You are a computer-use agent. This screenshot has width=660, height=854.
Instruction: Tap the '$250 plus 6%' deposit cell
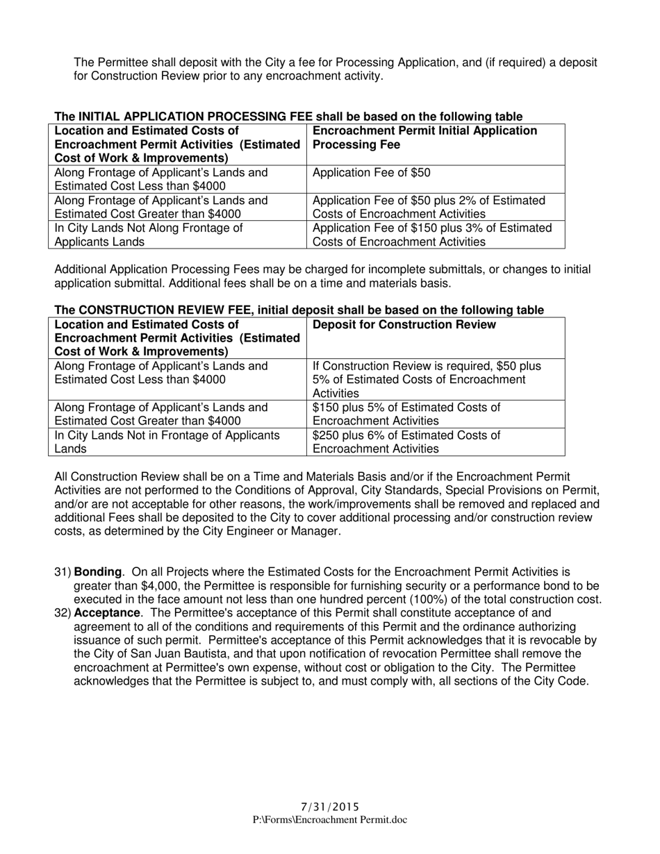tap(406, 442)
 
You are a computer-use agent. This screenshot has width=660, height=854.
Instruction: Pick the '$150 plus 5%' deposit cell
tap(406, 414)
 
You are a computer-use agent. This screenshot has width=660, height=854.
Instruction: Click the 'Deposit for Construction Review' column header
tap(404, 325)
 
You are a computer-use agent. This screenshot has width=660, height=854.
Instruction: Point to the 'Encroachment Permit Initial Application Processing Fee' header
tap(425, 137)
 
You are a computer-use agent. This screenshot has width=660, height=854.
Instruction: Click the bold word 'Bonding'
tap(97, 572)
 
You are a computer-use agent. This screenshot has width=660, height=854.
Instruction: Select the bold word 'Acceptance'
tap(106, 613)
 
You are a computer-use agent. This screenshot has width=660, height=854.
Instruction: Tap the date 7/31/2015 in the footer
tap(330, 807)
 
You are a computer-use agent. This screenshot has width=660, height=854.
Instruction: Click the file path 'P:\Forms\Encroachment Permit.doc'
tap(330, 820)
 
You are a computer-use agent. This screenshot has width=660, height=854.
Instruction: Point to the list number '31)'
tap(63, 572)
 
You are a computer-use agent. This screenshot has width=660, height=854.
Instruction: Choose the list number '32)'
tap(63, 613)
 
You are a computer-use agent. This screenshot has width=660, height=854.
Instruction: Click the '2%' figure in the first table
tap(478, 201)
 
